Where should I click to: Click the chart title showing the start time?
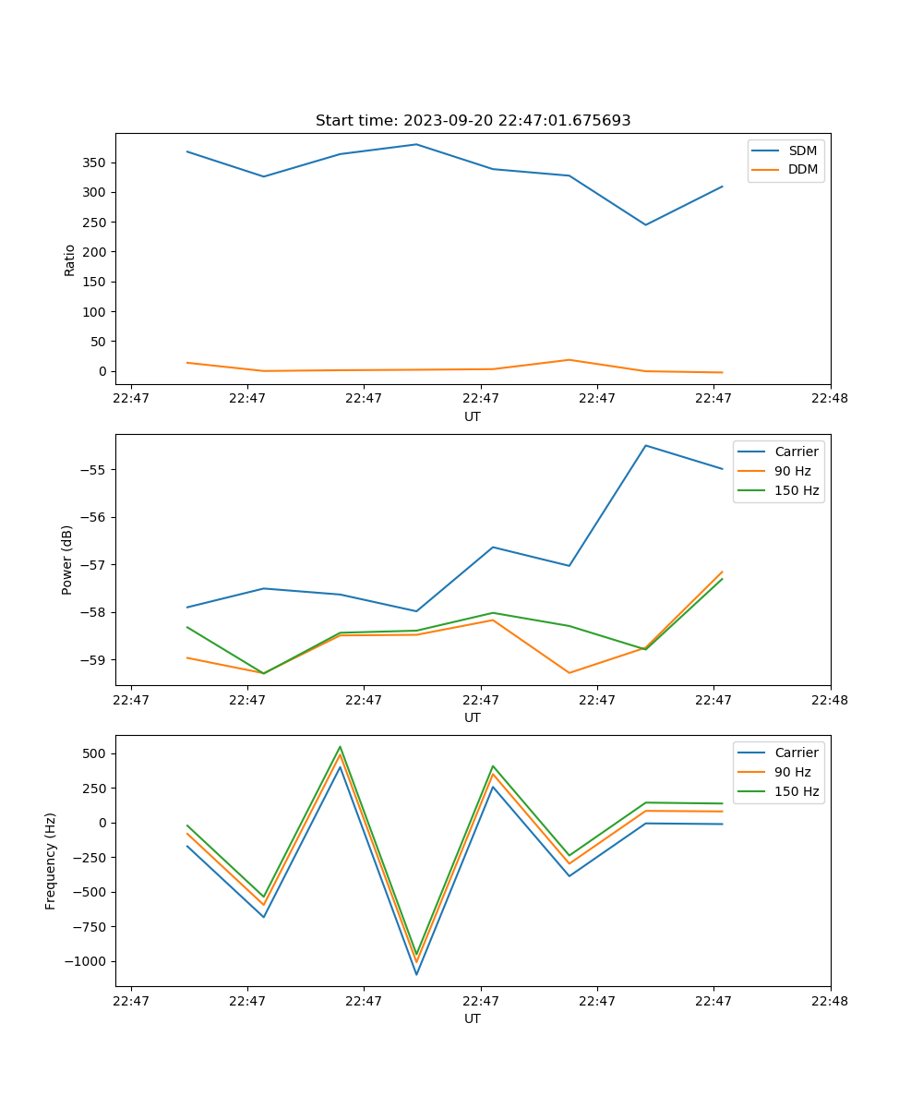(x=473, y=121)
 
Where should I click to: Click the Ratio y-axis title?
(x=70, y=259)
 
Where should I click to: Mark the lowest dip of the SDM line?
(x=645, y=224)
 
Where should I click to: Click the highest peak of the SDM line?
(x=416, y=144)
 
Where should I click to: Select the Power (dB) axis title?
(x=67, y=560)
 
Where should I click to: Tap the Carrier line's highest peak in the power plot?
(x=645, y=445)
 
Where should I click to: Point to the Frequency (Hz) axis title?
(x=51, y=861)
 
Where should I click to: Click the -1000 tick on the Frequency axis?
(x=88, y=961)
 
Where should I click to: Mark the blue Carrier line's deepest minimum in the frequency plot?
(x=416, y=974)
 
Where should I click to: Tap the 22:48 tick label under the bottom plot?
(x=830, y=1000)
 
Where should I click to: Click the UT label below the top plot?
(x=473, y=416)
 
